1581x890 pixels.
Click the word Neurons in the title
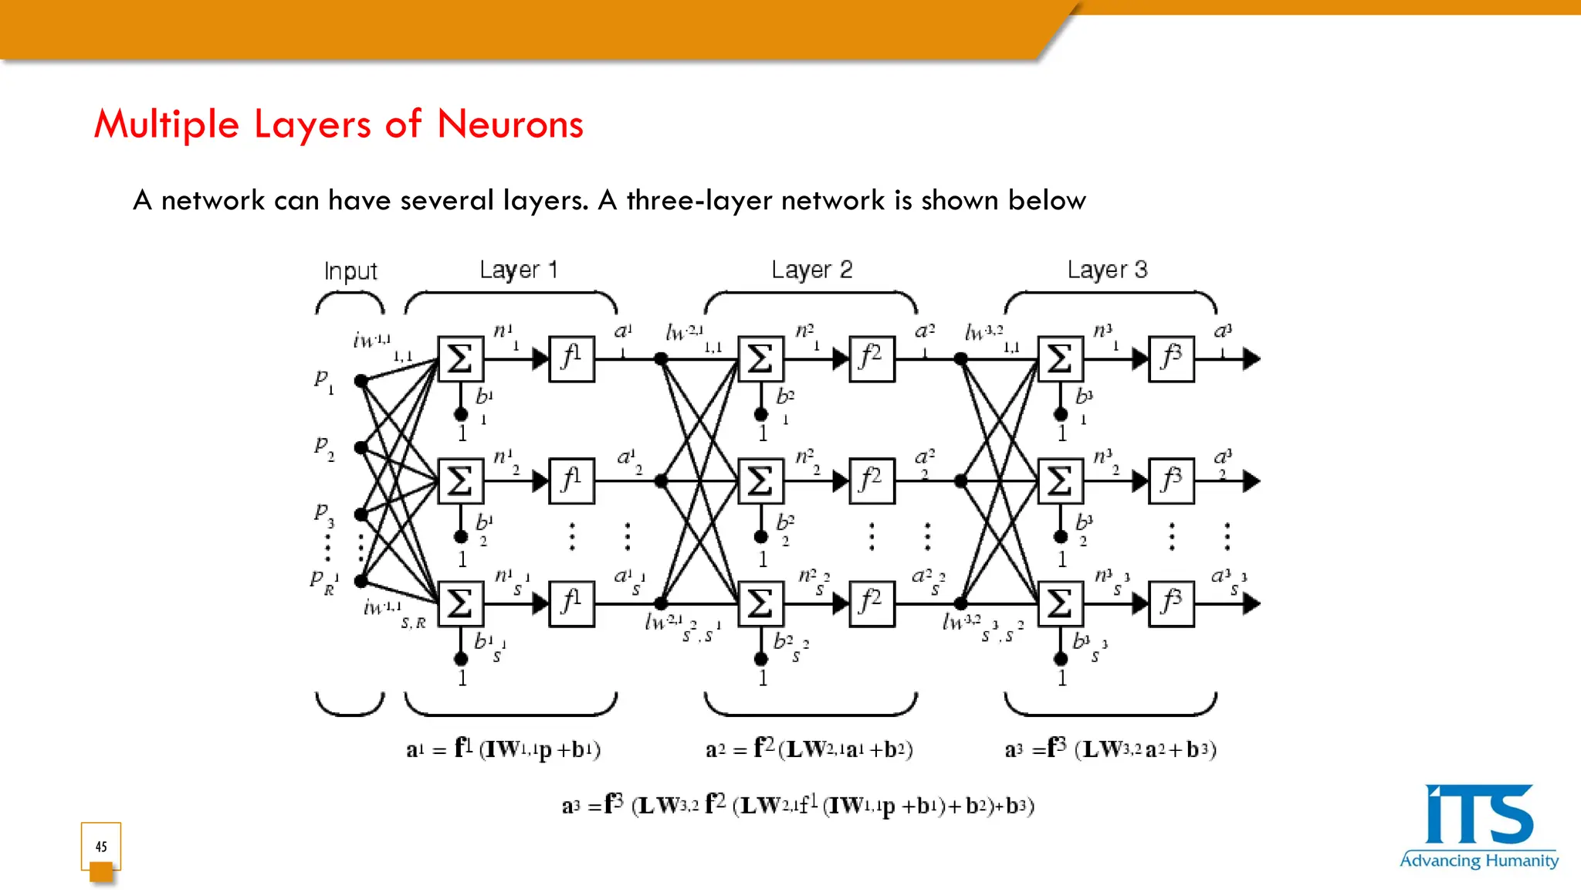click(x=510, y=124)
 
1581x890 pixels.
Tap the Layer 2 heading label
click(x=811, y=270)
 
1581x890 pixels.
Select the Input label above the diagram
click(x=350, y=271)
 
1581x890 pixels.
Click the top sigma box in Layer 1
click(x=461, y=359)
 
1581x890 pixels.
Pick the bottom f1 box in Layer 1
click(x=571, y=603)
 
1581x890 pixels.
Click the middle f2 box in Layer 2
click(x=872, y=481)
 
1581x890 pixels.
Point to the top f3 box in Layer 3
click(x=1171, y=359)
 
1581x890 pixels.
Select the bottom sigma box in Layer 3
click(x=1060, y=603)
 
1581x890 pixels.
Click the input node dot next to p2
click(x=361, y=447)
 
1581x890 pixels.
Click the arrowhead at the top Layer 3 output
click(x=1251, y=359)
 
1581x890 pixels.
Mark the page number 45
click(x=101, y=847)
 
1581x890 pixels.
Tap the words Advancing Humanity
click(x=1478, y=861)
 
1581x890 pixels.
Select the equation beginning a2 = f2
click(x=809, y=749)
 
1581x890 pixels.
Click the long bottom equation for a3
click(x=797, y=806)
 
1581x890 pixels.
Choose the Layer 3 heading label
click(x=1107, y=270)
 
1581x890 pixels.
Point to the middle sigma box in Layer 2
click(x=760, y=481)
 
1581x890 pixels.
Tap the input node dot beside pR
click(x=361, y=581)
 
